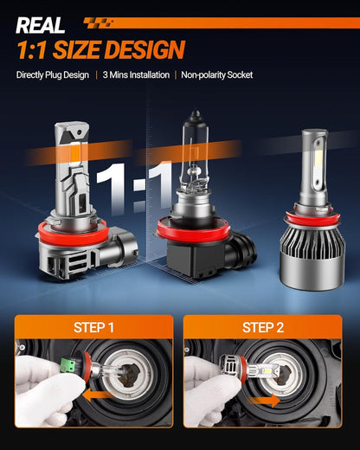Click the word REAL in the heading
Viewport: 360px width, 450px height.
41,25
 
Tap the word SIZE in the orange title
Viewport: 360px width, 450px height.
76,49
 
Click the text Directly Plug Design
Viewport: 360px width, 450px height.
53,75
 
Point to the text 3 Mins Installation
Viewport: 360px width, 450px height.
136,75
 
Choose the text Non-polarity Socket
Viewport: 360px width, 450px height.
217,75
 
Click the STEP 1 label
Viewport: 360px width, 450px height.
93,328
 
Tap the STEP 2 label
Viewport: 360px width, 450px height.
263,328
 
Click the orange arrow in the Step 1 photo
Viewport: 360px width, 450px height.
97,395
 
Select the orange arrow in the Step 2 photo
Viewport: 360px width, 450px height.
264,401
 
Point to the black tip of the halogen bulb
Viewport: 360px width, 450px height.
196,114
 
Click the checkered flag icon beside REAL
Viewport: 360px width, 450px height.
98,23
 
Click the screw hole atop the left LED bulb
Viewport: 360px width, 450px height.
79,132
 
